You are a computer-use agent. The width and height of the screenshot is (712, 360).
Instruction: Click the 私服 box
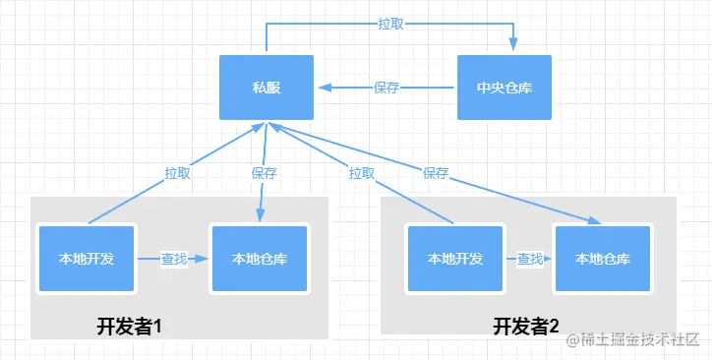(x=266, y=88)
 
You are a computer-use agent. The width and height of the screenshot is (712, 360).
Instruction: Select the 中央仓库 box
(x=504, y=88)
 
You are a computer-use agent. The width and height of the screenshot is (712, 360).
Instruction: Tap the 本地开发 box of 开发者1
(x=87, y=259)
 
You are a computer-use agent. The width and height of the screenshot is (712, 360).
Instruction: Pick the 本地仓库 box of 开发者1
(x=260, y=259)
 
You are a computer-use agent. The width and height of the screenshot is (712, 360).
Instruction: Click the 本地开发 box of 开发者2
(x=455, y=259)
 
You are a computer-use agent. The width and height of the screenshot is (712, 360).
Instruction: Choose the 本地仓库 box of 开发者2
(x=603, y=259)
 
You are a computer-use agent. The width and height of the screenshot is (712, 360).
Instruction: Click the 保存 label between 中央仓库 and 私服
(x=386, y=88)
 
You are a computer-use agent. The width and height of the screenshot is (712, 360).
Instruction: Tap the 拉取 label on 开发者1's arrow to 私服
(x=177, y=172)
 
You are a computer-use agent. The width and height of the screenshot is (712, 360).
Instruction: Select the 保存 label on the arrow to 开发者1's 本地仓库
(x=264, y=172)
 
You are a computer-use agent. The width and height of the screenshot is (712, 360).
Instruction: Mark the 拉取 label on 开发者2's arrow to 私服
(x=361, y=172)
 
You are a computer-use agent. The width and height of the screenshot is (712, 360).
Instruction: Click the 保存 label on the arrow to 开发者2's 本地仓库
(x=436, y=172)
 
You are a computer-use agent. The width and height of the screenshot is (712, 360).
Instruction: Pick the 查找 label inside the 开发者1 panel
(x=174, y=259)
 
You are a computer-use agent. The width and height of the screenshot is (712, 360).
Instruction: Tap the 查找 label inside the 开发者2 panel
(x=530, y=259)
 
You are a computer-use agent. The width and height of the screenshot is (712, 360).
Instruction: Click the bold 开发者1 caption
(x=128, y=328)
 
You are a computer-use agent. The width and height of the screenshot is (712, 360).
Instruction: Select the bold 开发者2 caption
(x=526, y=328)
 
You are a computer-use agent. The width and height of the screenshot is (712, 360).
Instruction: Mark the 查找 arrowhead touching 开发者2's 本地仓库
(x=549, y=259)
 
